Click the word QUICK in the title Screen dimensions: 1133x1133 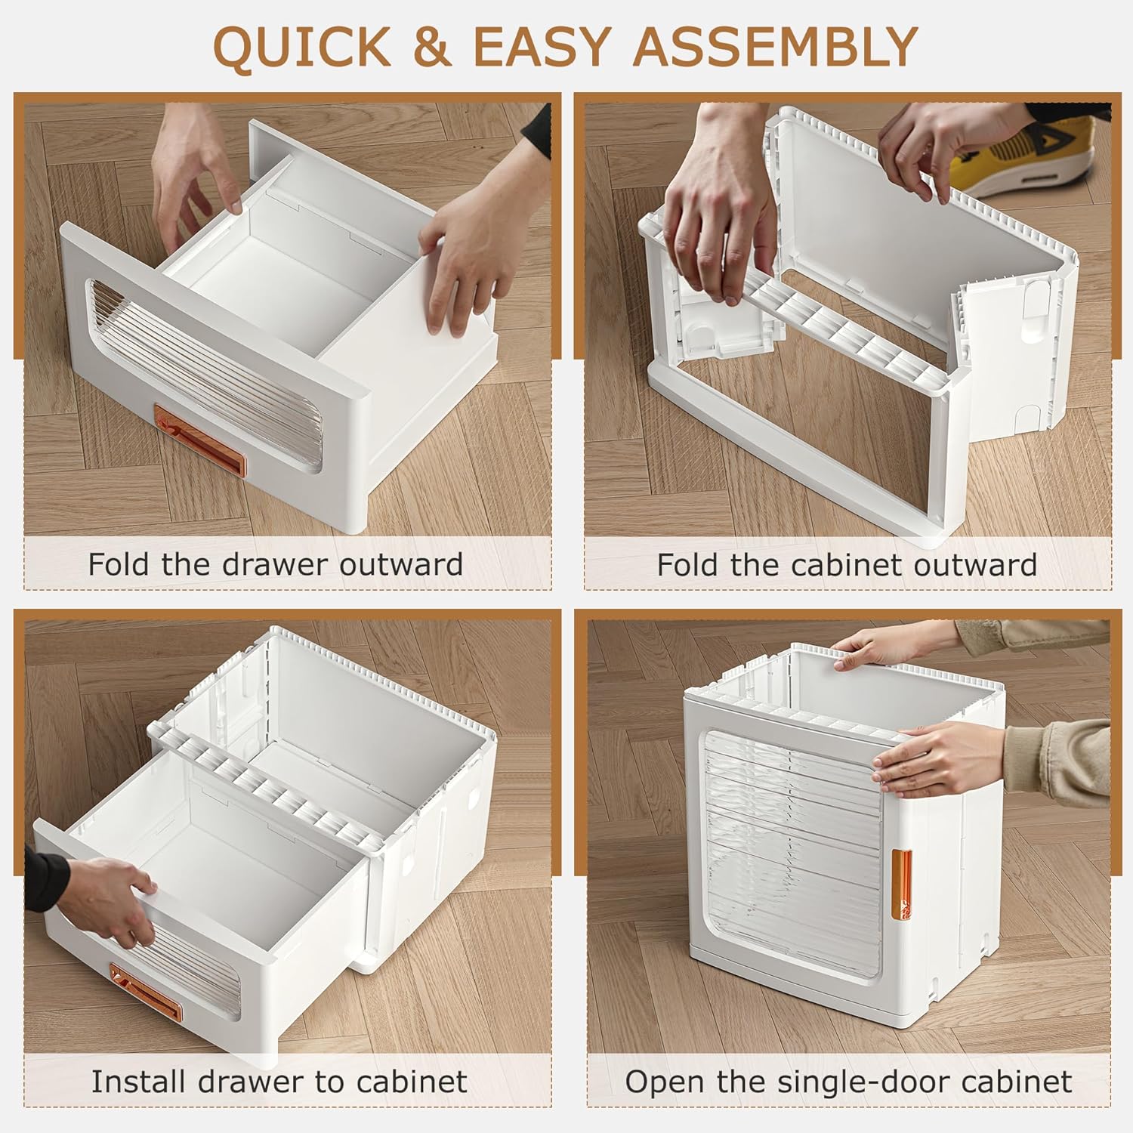(x=303, y=47)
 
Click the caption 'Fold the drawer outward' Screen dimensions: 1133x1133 (x=276, y=564)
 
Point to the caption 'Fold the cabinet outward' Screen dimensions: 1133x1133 (x=847, y=564)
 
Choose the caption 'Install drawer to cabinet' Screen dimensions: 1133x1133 (x=279, y=1082)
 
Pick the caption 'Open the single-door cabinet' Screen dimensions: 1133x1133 (x=848, y=1082)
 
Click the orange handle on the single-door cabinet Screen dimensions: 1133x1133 (x=901, y=884)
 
